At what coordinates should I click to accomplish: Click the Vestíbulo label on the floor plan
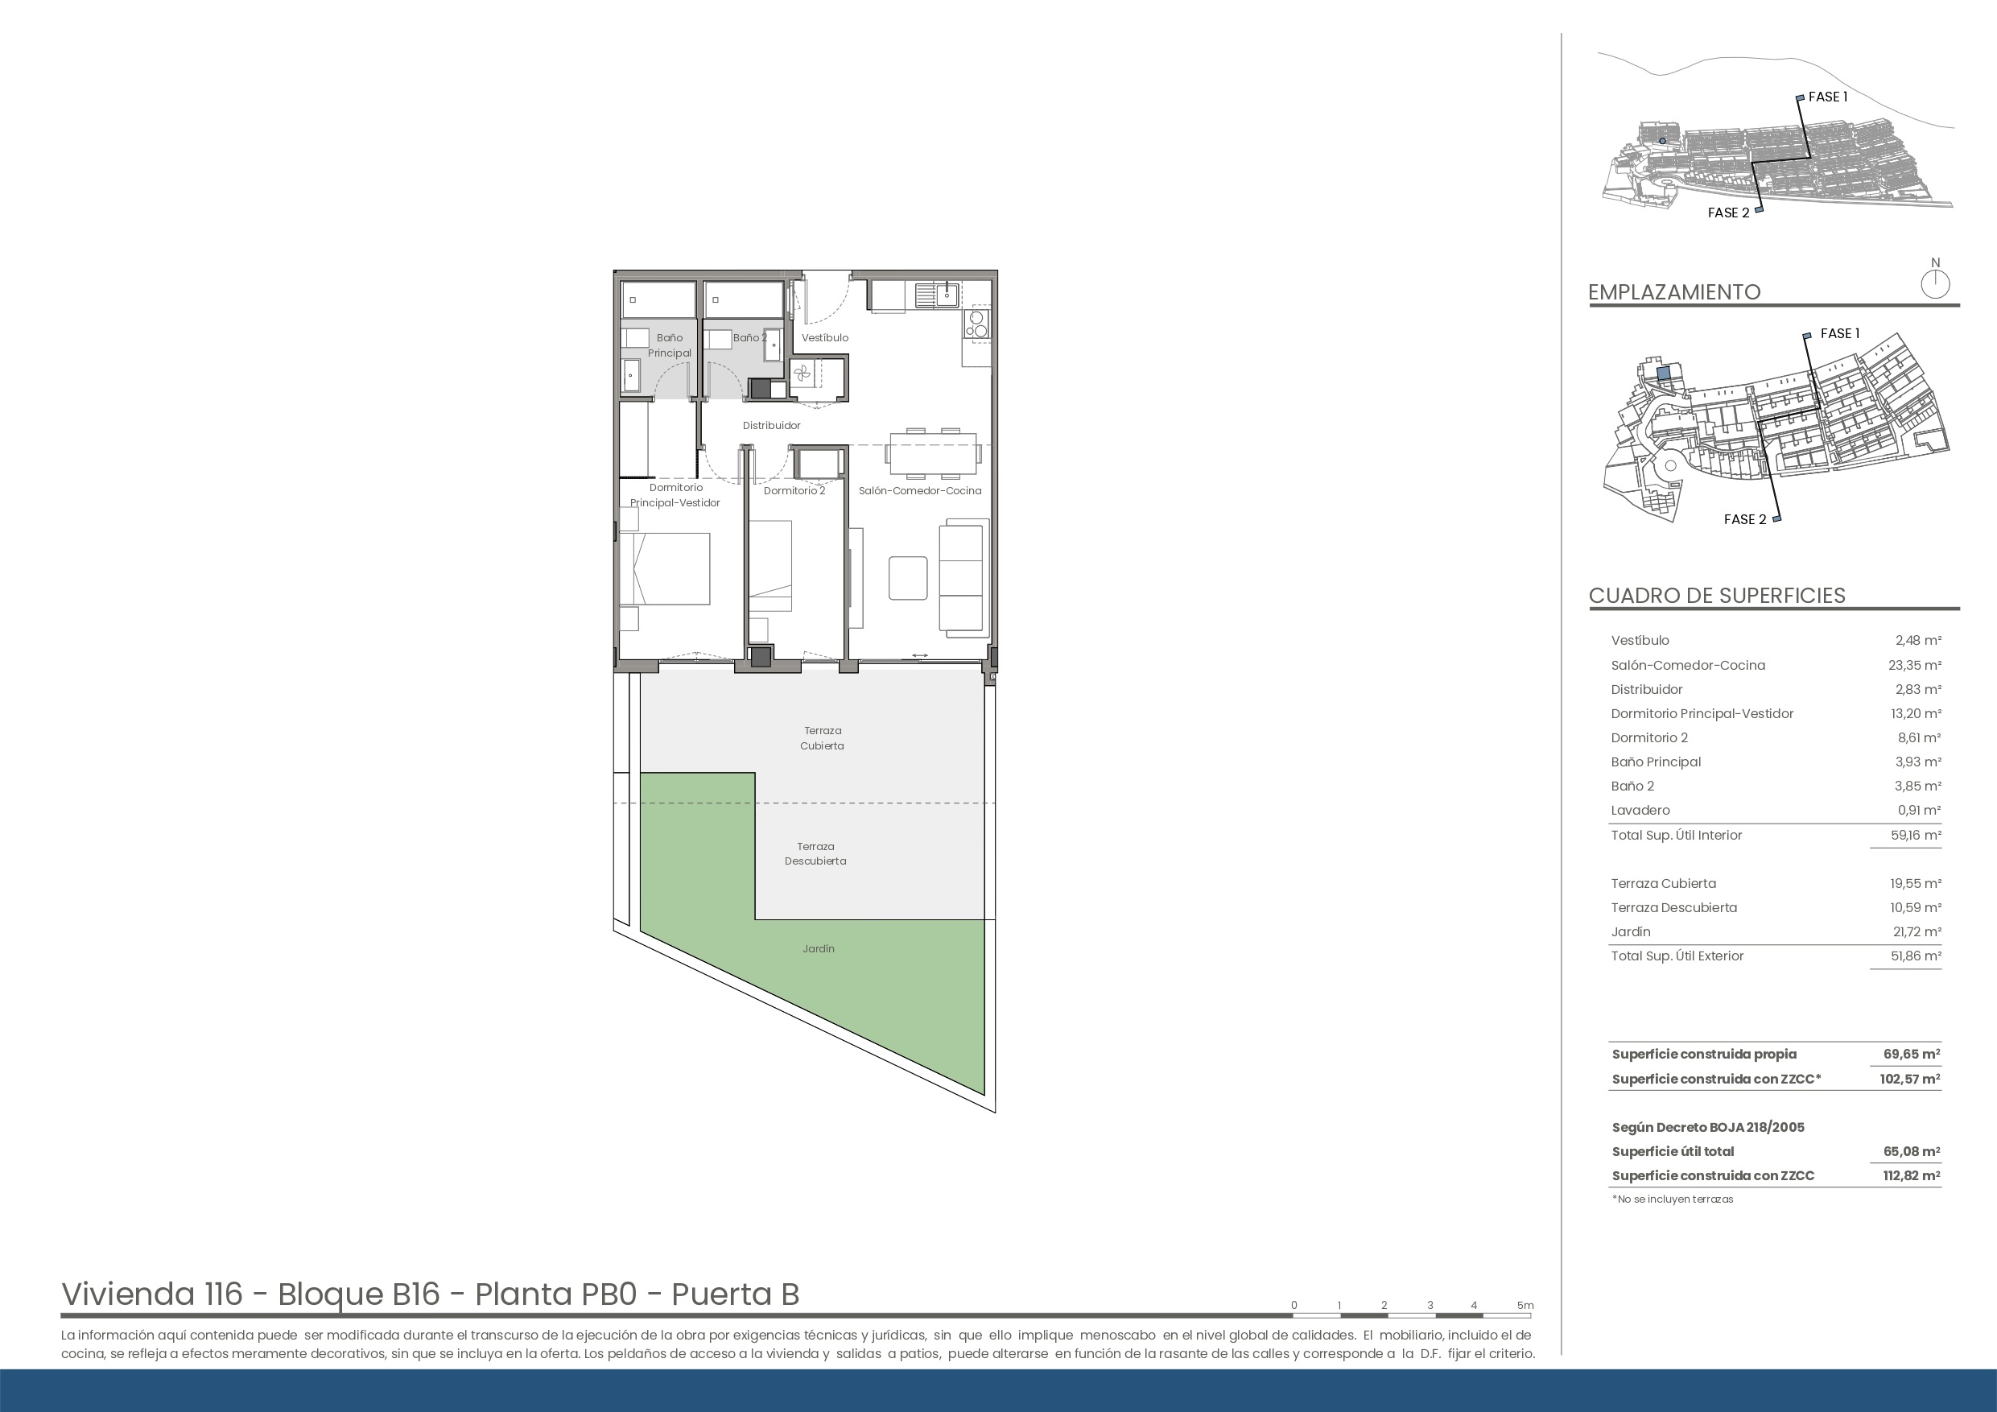coord(824,337)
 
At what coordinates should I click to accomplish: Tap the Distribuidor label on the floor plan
coord(771,425)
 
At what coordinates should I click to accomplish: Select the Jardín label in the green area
coord(819,948)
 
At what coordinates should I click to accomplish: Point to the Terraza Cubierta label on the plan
coord(822,737)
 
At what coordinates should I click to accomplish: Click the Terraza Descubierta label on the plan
coord(815,853)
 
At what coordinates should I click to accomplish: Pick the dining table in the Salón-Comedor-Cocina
coord(932,453)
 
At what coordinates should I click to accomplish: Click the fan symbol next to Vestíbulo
coord(802,374)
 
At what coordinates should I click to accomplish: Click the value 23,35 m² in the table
coord(1918,665)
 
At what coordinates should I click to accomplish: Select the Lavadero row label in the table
coord(1640,810)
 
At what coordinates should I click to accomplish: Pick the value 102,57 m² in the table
coord(1909,1079)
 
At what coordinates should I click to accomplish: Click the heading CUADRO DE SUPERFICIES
coord(1717,595)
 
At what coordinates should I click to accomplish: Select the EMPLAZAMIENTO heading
coord(1674,291)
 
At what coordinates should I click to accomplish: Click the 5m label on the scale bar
coord(1525,1305)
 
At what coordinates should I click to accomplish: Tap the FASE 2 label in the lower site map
coord(1745,519)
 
